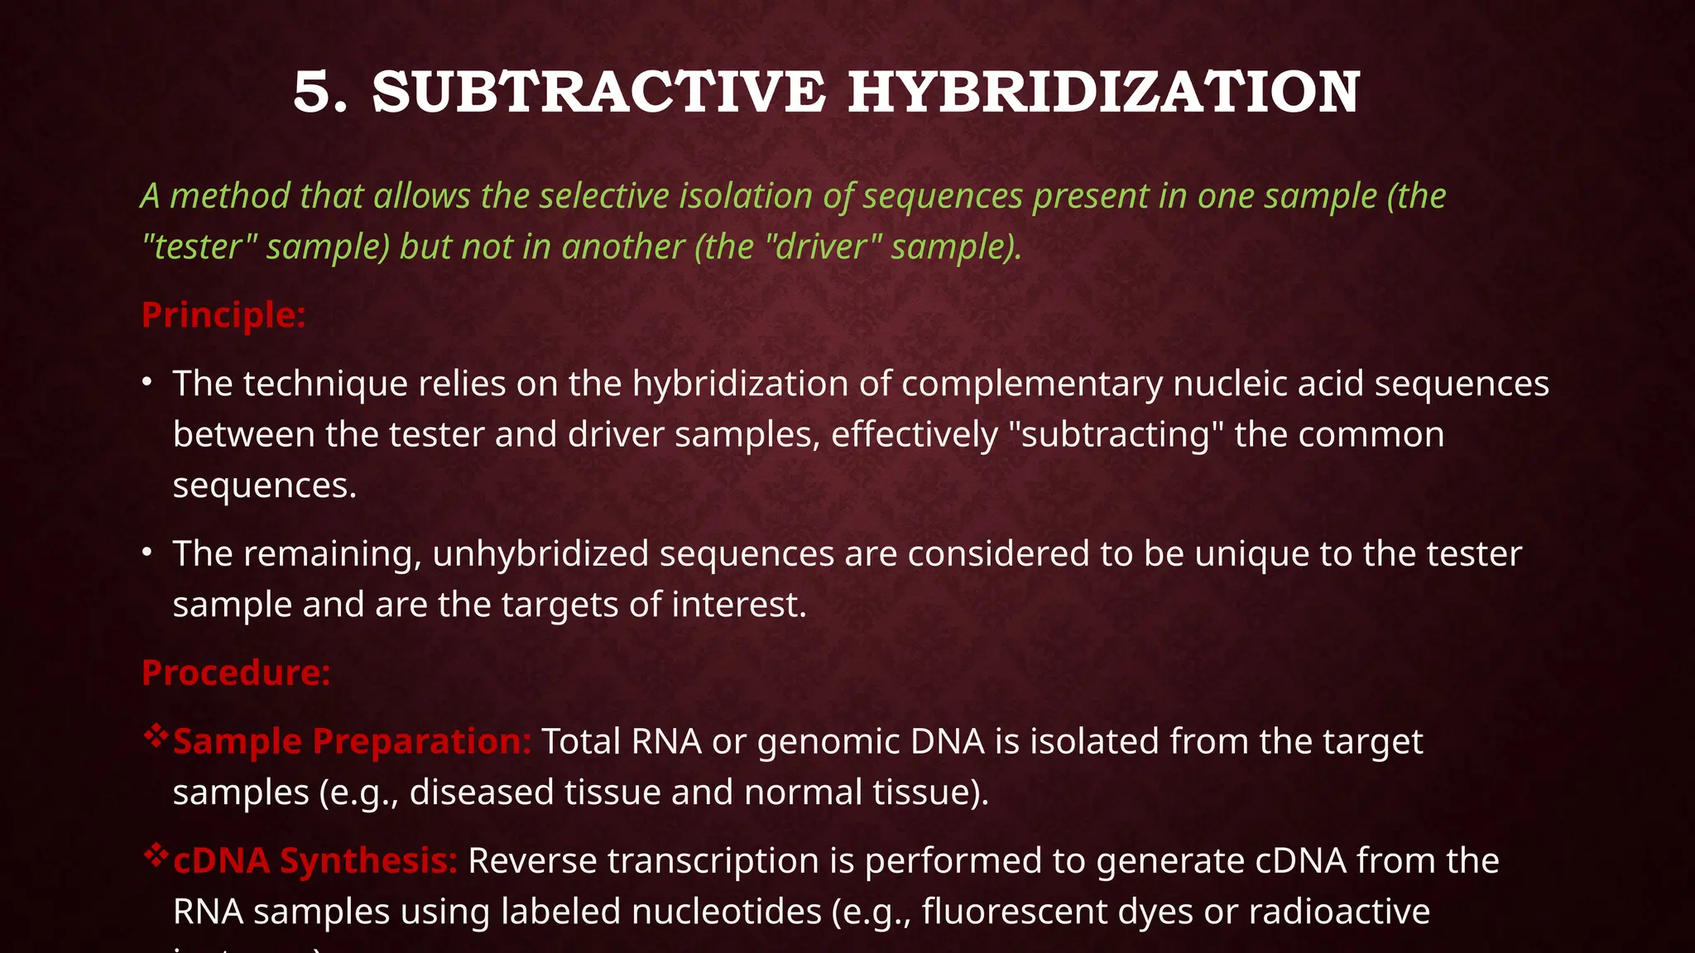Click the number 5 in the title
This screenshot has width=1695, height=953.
click(313, 92)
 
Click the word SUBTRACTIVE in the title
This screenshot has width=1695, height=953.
click(599, 92)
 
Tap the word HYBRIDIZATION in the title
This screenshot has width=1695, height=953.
click(1104, 92)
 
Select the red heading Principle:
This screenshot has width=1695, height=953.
click(223, 315)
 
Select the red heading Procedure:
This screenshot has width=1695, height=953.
click(236, 673)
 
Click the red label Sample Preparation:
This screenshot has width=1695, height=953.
click(352, 741)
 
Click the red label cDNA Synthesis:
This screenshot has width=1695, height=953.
click(315, 860)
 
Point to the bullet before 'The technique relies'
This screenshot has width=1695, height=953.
click(146, 383)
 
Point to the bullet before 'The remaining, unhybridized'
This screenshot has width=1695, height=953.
click(146, 553)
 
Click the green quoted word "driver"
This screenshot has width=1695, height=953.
click(823, 247)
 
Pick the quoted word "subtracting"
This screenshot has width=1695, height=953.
click(1117, 435)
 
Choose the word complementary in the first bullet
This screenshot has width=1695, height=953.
click(1032, 384)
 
